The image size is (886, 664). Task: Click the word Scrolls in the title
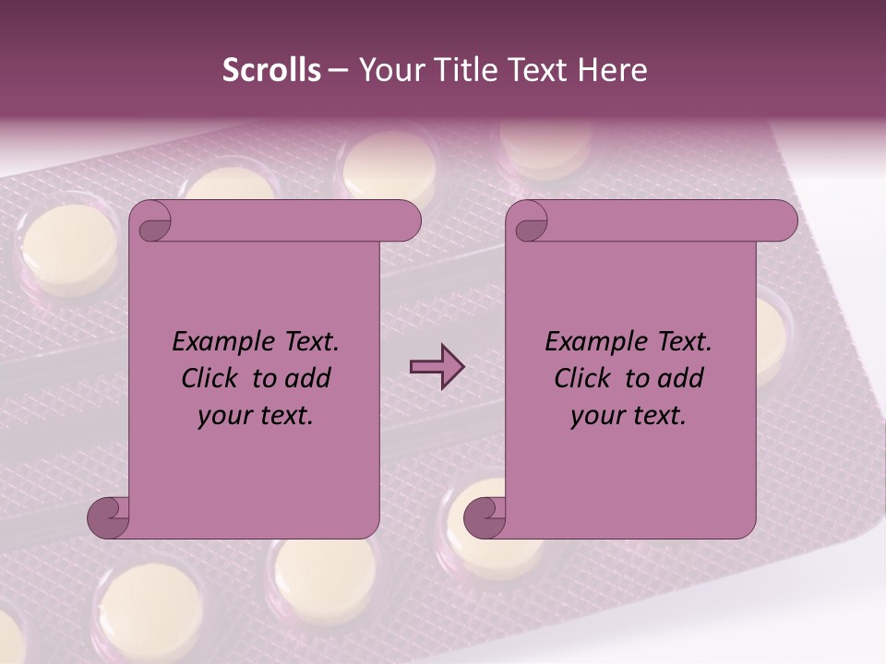[x=271, y=70]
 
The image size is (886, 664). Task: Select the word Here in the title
[x=613, y=70]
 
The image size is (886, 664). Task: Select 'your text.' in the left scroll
[x=255, y=416]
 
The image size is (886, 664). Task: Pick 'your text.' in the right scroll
[x=628, y=416]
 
